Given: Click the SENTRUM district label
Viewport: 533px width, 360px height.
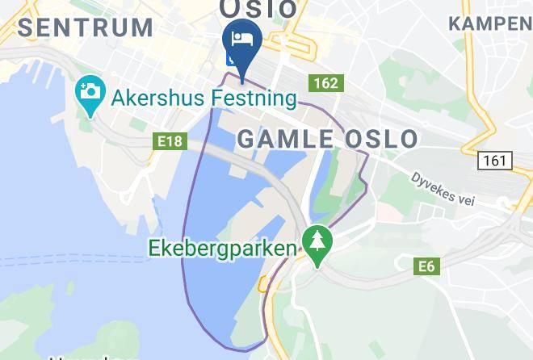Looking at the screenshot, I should tap(85, 27).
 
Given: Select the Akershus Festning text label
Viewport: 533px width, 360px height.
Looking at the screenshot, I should tap(202, 98).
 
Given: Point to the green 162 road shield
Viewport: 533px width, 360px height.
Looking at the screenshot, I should tap(325, 83).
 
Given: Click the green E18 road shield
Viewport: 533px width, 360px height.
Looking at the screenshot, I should tap(170, 141).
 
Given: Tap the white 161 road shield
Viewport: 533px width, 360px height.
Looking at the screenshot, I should tap(494, 161).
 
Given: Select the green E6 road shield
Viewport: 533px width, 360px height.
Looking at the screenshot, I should tap(428, 266).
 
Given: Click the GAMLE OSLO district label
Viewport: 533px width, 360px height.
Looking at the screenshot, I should tap(328, 139).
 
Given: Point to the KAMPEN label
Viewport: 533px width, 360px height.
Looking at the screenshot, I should tap(489, 23).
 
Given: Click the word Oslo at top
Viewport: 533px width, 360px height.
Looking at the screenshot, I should tap(258, 8).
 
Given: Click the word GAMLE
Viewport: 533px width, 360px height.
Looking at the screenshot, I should tap(284, 139).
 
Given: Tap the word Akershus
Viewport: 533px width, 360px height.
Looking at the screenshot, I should tap(155, 98).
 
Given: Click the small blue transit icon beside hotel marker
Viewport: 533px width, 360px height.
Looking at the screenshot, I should tap(233, 57).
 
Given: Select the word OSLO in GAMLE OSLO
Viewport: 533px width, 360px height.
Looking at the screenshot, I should tap(381, 139).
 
